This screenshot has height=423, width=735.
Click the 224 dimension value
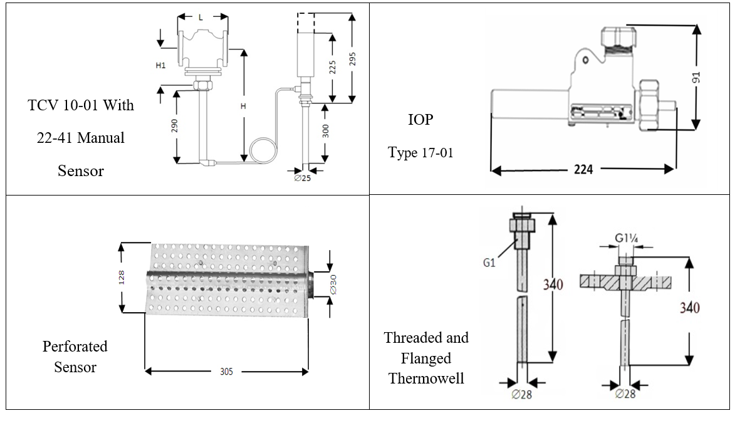click(x=583, y=169)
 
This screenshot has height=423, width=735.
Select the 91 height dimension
click(x=696, y=77)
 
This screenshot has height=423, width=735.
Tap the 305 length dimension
click(x=226, y=372)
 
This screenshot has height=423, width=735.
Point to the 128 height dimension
click(x=122, y=276)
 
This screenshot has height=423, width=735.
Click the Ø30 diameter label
click(x=333, y=286)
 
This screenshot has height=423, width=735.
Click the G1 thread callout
click(x=489, y=263)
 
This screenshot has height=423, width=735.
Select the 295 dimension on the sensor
click(x=353, y=58)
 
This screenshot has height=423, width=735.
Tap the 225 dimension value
click(x=332, y=67)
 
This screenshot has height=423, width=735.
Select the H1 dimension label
click(x=160, y=65)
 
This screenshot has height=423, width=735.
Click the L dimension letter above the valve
click(x=201, y=18)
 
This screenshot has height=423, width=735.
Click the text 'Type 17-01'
click(x=420, y=152)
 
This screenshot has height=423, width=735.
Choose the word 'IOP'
click(x=420, y=120)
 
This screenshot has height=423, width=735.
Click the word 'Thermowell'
click(x=426, y=379)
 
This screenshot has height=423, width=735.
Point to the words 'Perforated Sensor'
click(x=75, y=357)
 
